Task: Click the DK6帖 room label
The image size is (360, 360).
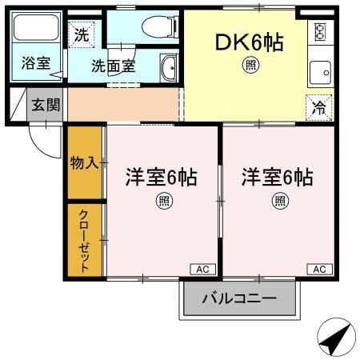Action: [x=250, y=41]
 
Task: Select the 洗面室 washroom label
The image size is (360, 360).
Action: [x=113, y=66]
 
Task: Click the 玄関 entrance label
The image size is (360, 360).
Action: [x=44, y=104]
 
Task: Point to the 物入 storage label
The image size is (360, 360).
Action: [x=84, y=163]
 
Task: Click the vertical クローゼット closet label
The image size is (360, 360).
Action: [x=83, y=240]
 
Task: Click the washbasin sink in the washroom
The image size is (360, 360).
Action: [x=169, y=67]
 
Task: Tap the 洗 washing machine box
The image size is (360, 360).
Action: [x=80, y=34]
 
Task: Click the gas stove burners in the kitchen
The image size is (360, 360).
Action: [x=320, y=32]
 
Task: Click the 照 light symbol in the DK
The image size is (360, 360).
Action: [x=250, y=65]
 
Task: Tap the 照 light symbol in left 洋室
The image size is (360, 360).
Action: [x=162, y=201]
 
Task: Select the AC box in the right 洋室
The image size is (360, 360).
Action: [x=319, y=269]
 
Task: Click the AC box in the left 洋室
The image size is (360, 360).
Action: [x=202, y=269]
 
